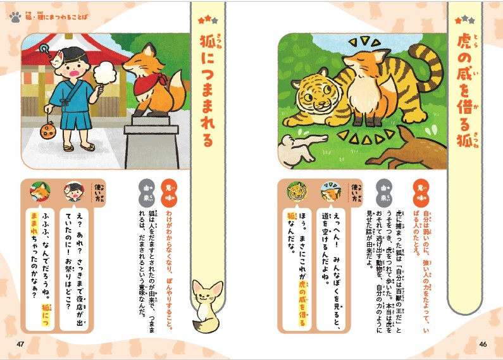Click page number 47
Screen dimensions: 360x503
(20, 344)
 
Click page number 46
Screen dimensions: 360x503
(483, 344)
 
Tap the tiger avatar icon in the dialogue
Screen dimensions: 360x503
(296, 189)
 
